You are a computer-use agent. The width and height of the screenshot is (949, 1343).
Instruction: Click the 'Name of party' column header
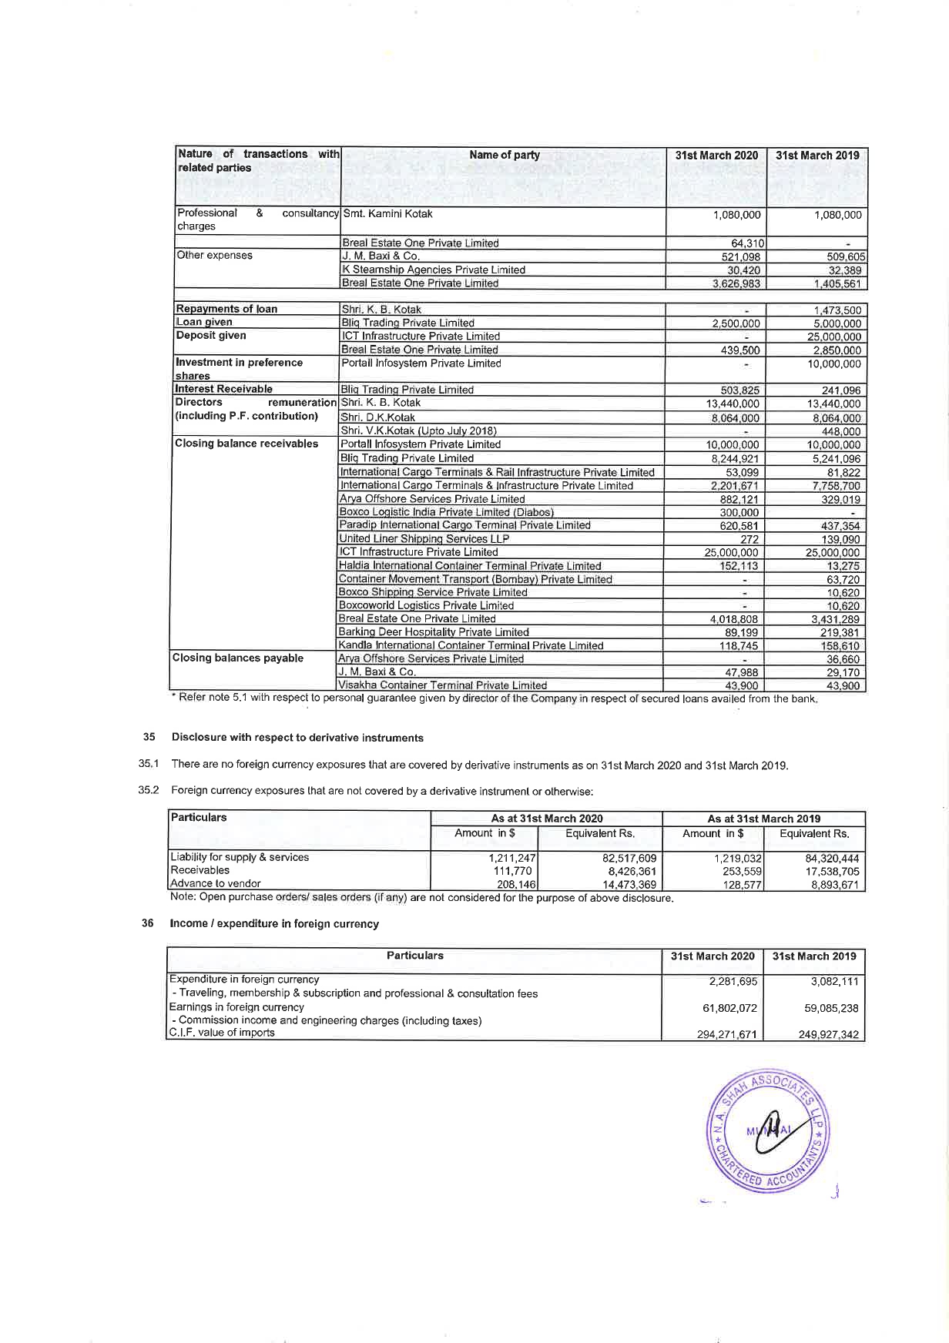pos(504,155)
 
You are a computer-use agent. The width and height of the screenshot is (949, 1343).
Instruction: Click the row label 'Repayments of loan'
pos(226,309)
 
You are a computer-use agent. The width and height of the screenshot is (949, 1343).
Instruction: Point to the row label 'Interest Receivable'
pos(223,389)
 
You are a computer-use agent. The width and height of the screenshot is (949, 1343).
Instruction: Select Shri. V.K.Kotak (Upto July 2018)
pos(418,430)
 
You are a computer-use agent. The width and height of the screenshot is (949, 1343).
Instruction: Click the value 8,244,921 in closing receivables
pos(733,458)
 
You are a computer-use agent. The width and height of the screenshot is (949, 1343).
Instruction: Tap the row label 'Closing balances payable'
pos(238,658)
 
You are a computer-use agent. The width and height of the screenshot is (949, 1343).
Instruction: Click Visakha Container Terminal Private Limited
pos(442,685)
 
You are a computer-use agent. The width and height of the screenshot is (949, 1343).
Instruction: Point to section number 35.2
pos(148,790)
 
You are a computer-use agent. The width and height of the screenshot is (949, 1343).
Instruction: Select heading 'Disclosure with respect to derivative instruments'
pos(297,738)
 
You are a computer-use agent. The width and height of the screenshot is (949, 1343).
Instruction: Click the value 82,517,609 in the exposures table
pos(629,858)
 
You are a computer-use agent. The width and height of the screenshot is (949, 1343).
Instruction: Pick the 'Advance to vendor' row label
pos(215,883)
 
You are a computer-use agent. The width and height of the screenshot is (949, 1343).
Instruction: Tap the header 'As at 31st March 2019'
pos(763,819)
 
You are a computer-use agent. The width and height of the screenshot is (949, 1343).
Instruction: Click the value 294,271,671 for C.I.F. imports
pos(726,1035)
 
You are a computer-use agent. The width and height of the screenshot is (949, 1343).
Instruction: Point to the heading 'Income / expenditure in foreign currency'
pos(274,923)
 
